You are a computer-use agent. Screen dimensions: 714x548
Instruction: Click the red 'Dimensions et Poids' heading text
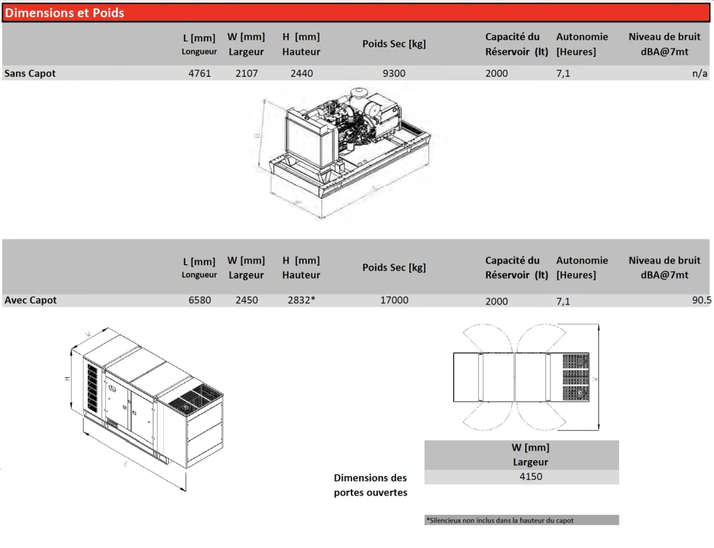64,13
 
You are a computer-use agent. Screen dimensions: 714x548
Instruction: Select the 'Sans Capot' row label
30,73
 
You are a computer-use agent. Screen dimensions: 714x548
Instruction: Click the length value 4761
199,73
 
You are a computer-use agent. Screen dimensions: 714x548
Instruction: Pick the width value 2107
246,73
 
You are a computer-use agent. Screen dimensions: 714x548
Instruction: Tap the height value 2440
301,73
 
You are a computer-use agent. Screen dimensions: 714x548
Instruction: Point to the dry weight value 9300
394,73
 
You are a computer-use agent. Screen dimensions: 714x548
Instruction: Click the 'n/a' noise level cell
699,73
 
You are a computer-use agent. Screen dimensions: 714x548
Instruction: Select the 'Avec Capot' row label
31,300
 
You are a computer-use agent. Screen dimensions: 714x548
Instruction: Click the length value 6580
199,300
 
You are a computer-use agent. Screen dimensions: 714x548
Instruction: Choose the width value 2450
246,300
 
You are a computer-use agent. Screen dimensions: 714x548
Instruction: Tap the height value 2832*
301,300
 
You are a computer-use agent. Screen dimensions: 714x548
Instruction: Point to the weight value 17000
395,300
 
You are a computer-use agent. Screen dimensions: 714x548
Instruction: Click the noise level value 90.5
701,300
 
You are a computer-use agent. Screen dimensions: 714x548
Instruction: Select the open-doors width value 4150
531,477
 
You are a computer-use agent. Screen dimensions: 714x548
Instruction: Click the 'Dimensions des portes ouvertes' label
371,485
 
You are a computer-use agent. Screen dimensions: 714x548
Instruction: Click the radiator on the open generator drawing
304,140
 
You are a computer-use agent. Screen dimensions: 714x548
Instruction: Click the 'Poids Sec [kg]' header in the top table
394,44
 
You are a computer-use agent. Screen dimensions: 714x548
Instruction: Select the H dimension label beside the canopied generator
68,378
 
